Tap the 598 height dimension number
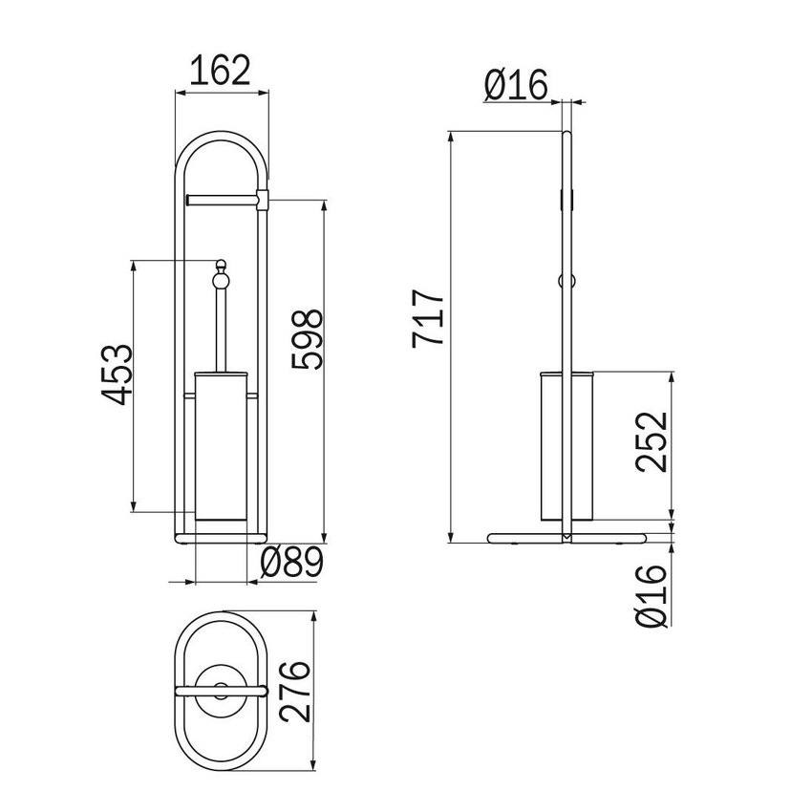[x=307, y=339]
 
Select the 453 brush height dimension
[x=118, y=374]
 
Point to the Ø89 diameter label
[x=291, y=563]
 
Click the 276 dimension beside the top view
[x=294, y=691]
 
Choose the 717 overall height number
[x=428, y=318]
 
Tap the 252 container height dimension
[x=652, y=441]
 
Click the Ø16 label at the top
[x=516, y=85]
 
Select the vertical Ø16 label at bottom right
[x=652, y=595]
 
